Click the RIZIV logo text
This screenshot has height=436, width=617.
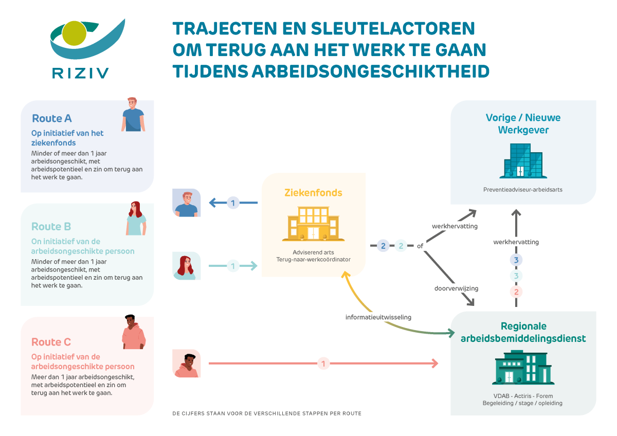click(x=80, y=72)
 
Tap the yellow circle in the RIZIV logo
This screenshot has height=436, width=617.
click(x=71, y=34)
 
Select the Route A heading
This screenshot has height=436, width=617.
click(x=52, y=118)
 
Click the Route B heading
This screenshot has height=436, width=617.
click(x=51, y=226)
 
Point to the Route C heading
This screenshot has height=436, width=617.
click(x=51, y=342)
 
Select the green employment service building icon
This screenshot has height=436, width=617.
click(x=523, y=367)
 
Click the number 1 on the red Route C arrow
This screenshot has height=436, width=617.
click(x=323, y=364)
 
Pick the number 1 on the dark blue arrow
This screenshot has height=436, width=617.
click(x=232, y=203)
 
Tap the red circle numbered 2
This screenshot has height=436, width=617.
click(x=516, y=292)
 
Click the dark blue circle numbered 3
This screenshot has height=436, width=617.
click(x=516, y=260)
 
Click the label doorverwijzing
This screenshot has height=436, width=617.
click(x=456, y=288)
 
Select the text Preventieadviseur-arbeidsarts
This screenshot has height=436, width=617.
click(x=523, y=189)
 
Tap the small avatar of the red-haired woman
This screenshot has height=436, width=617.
click(x=187, y=266)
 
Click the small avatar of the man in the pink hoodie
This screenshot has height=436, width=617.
click(x=187, y=364)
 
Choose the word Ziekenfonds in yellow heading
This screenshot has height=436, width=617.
click(x=313, y=193)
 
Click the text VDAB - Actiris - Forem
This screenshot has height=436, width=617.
click(x=522, y=396)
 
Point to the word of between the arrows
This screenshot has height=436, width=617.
click(x=420, y=246)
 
